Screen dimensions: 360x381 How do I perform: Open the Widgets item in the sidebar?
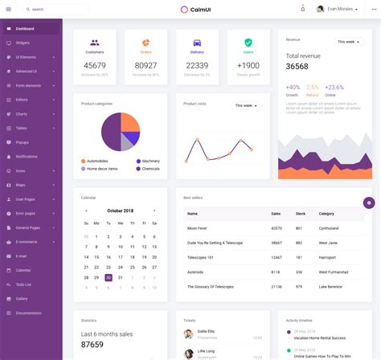click(x=23, y=43)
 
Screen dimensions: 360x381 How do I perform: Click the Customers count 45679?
click(x=95, y=66)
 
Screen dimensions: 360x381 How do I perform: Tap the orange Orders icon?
click(x=145, y=43)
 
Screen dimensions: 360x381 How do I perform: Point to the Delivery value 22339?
click(x=197, y=66)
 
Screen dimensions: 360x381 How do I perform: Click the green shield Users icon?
click(x=248, y=43)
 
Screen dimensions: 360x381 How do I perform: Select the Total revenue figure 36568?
click(x=297, y=67)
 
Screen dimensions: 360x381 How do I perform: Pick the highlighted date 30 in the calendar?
click(x=109, y=277)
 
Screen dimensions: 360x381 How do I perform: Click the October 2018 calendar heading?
click(x=120, y=211)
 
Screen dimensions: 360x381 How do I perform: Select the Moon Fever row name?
click(x=198, y=228)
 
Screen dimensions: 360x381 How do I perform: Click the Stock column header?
click(x=300, y=214)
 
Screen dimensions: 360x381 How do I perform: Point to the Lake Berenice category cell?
click(x=331, y=286)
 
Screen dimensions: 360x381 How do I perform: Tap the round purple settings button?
click(x=369, y=202)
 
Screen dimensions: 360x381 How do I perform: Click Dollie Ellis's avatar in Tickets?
click(x=188, y=333)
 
